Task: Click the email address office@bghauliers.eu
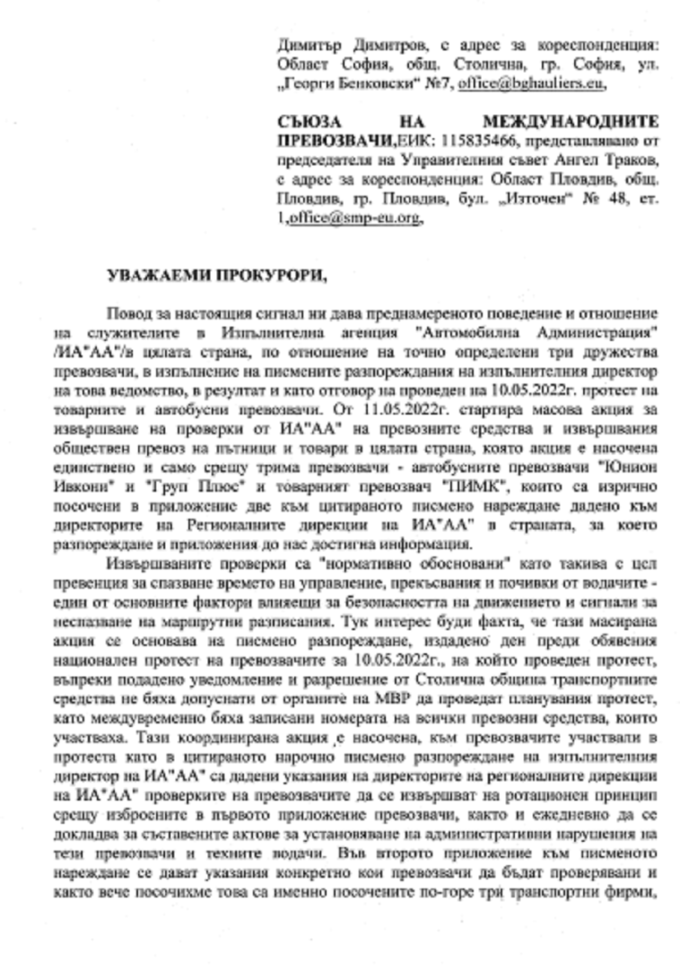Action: click(x=545, y=85)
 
